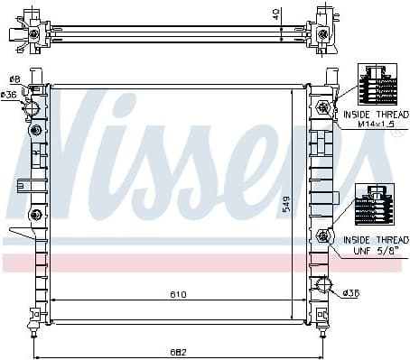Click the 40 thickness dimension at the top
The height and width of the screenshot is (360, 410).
(x=276, y=14)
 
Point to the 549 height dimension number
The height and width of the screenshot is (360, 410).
(x=286, y=205)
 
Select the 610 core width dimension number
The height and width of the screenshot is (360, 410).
(x=178, y=294)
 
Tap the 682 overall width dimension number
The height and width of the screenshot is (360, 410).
(x=179, y=353)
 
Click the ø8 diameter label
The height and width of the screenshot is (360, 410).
(x=14, y=79)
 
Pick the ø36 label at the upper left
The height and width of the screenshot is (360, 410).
(x=8, y=96)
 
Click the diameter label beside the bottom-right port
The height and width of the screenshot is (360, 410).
(x=351, y=292)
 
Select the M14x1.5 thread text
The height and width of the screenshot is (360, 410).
(x=376, y=125)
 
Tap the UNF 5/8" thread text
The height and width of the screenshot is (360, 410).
(x=376, y=251)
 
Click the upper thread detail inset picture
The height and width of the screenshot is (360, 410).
(x=377, y=84)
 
